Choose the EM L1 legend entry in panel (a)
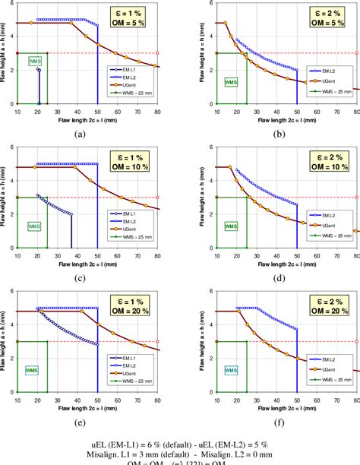pos(128,69)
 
